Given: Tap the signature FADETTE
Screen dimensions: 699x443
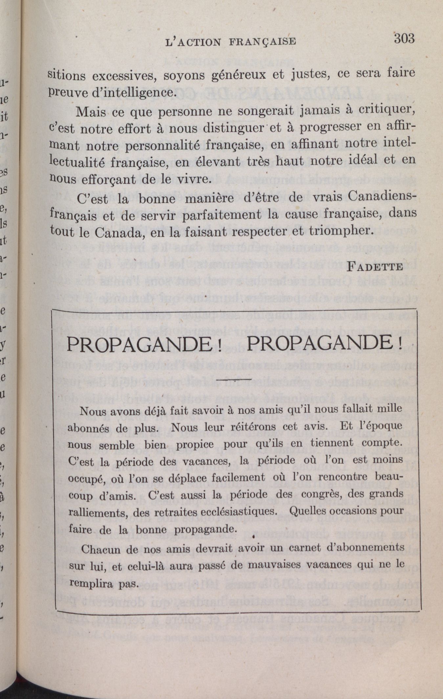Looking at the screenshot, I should coord(375,266).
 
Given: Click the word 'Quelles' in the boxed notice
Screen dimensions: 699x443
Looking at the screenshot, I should coord(307,511).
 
